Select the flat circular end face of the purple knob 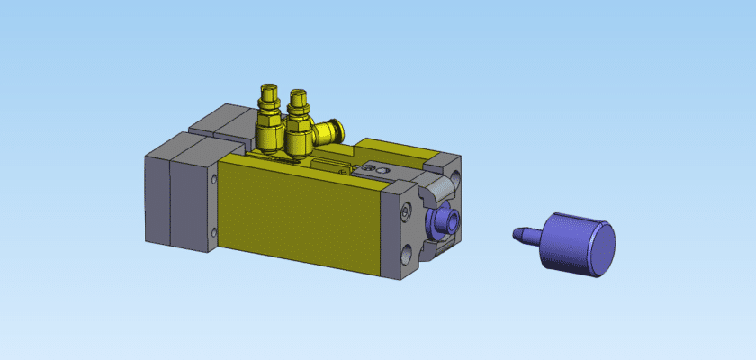pos(597,249)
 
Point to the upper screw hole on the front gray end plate pos(405,211)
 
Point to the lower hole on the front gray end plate pos(407,254)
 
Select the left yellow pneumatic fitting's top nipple pos(267,91)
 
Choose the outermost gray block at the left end pos(157,198)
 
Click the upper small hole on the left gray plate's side pos(213,180)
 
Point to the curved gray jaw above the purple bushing pos(441,189)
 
